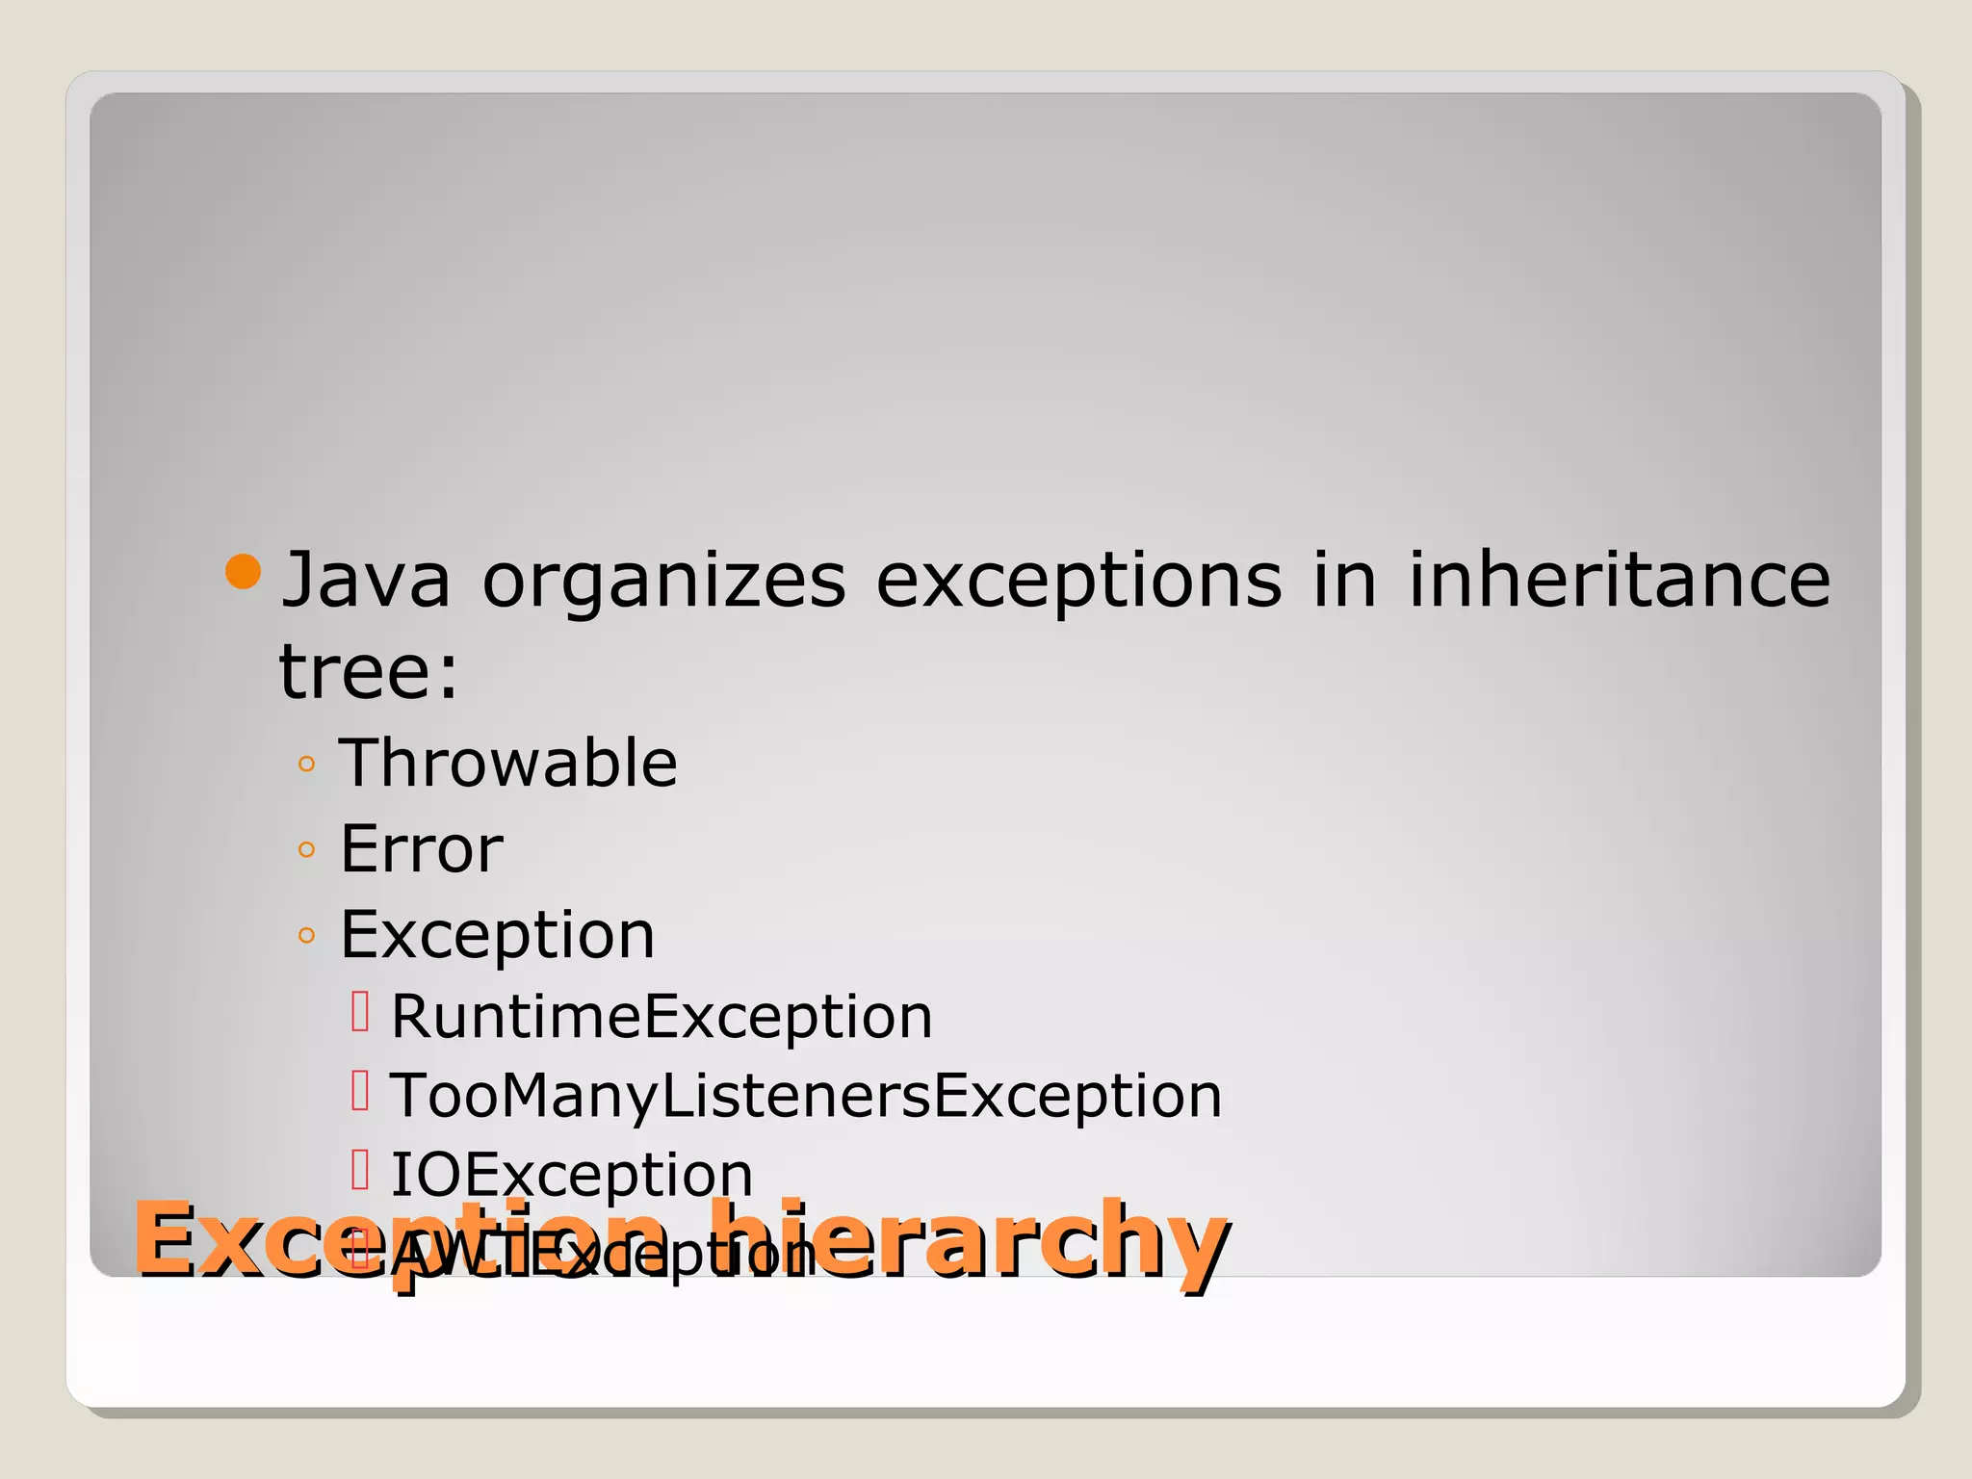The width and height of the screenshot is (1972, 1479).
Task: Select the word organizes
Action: pos(663,582)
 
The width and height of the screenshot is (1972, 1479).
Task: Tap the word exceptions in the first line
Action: pos(1078,582)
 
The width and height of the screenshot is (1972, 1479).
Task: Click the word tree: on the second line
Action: pos(369,671)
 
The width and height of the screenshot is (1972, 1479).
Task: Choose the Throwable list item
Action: pos(508,763)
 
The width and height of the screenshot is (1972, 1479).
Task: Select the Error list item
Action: pos(422,848)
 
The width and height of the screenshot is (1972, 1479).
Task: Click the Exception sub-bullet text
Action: pos(498,934)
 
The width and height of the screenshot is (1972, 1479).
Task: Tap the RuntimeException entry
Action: pos(662,1016)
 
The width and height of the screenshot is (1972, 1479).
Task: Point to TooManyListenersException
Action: pos(806,1096)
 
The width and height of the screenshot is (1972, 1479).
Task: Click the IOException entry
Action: pos(572,1175)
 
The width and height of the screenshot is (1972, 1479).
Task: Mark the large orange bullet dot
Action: pos(243,572)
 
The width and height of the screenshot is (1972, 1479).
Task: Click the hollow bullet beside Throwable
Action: pos(307,765)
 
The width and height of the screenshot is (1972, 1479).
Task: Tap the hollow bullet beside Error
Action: pos(307,849)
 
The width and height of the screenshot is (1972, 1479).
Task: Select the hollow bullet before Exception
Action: pos(307,935)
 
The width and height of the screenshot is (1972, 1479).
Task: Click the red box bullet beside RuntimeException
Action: pos(360,1012)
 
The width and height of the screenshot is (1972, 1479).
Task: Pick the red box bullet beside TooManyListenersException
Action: pos(360,1091)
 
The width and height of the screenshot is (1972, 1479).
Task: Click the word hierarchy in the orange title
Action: pos(973,1242)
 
